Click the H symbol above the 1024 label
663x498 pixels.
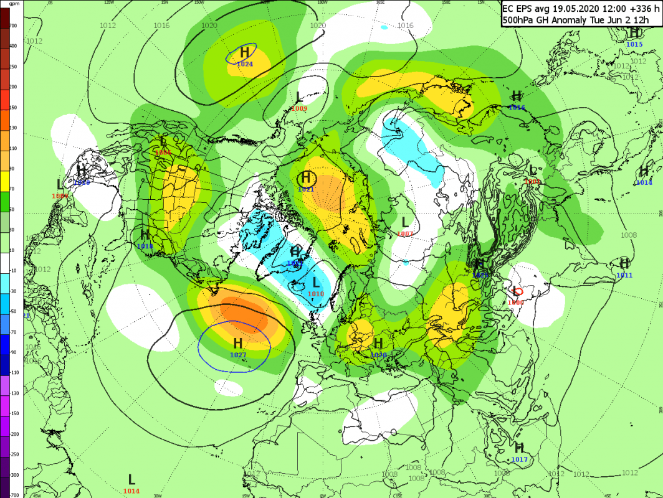click(244, 52)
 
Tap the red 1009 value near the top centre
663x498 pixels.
click(299, 108)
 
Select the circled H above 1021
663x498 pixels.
click(307, 179)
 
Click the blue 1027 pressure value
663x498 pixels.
click(238, 355)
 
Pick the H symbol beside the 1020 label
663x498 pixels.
click(378, 344)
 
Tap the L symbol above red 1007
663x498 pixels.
click(405, 222)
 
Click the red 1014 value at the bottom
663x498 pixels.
click(131, 491)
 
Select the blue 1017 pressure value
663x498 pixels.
click(519, 459)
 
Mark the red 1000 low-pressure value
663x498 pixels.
click(515, 302)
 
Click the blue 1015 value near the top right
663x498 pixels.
click(634, 44)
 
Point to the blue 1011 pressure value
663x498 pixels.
click(624, 275)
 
